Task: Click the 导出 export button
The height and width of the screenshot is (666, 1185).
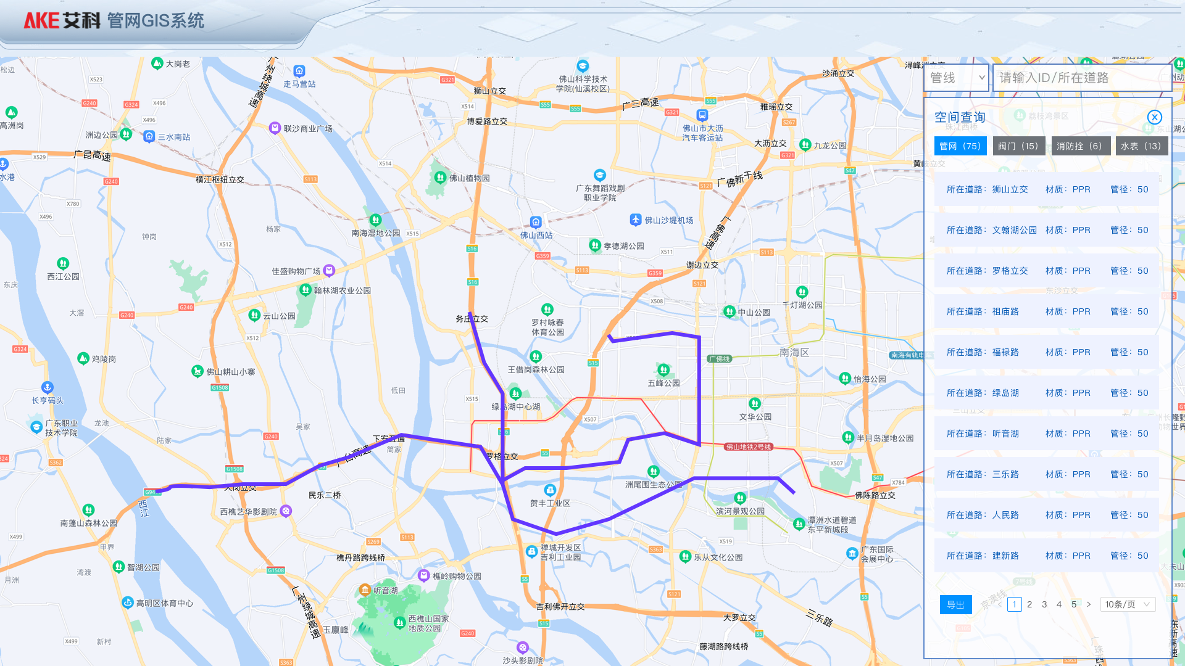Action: pos(955,605)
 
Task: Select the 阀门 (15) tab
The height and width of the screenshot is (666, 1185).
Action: pos(1018,146)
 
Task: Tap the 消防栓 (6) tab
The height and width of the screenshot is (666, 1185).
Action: pos(1081,146)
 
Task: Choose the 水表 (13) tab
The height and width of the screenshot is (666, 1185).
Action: pos(1141,146)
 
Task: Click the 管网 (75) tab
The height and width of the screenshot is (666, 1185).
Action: pos(960,146)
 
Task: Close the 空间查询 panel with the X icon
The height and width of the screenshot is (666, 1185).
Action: pos(1154,117)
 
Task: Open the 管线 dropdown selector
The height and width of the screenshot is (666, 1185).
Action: pos(956,78)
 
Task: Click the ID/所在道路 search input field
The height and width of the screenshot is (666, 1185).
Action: pos(1080,78)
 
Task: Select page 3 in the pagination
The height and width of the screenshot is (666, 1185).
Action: pos(1044,604)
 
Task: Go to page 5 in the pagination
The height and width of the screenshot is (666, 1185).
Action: pos(1074,604)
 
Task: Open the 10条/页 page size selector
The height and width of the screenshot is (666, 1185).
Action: pos(1128,604)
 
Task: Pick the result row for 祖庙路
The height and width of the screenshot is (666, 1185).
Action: pos(1047,311)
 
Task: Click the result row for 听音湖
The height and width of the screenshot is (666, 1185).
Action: pos(1047,434)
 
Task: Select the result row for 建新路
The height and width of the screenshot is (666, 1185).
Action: pos(1047,556)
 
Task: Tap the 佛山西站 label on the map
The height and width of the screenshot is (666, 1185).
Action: pos(536,235)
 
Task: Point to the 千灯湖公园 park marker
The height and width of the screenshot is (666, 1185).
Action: pos(802,292)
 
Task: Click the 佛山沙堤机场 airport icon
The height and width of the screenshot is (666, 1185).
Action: pos(636,220)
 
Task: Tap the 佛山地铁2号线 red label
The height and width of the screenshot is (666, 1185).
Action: pos(748,447)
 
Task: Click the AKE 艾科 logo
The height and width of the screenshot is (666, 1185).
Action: pos(62,21)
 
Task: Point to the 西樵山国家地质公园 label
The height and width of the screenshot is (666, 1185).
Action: pos(428,623)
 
